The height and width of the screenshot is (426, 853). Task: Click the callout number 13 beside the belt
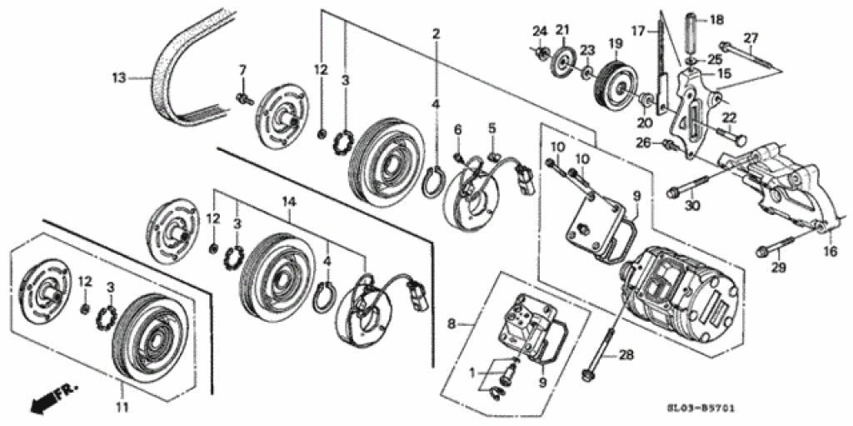point(118,78)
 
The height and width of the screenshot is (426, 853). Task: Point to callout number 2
point(435,34)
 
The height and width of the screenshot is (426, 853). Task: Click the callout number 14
point(289,201)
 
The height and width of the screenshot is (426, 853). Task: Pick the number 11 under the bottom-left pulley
point(122,407)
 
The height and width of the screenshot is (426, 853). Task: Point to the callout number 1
point(472,371)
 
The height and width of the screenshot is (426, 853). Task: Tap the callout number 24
point(540,32)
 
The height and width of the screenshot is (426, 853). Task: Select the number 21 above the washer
point(562,31)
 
